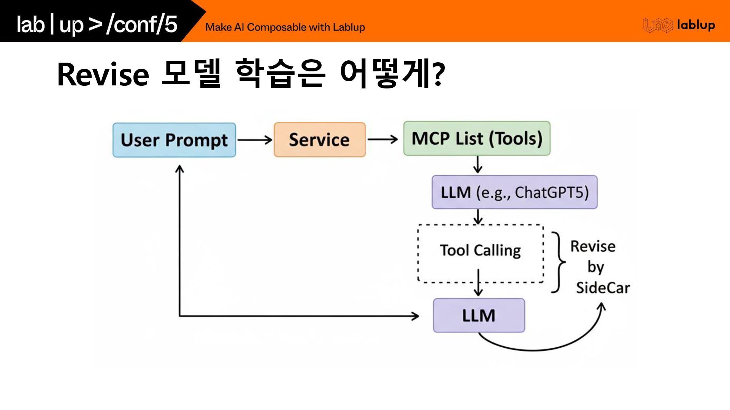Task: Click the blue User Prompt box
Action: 174,140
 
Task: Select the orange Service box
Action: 319,140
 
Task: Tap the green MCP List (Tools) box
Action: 477,139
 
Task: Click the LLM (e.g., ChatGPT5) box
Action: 514,192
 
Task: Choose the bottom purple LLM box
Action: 479,315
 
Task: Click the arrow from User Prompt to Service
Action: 255,140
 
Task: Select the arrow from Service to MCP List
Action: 382,139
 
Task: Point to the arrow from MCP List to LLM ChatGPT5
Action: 478,165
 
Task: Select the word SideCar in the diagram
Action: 603,287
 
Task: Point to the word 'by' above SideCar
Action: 595,267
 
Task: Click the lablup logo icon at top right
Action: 658,25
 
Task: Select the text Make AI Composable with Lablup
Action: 285,27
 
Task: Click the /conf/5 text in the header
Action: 142,24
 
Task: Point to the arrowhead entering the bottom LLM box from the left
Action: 415,315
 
